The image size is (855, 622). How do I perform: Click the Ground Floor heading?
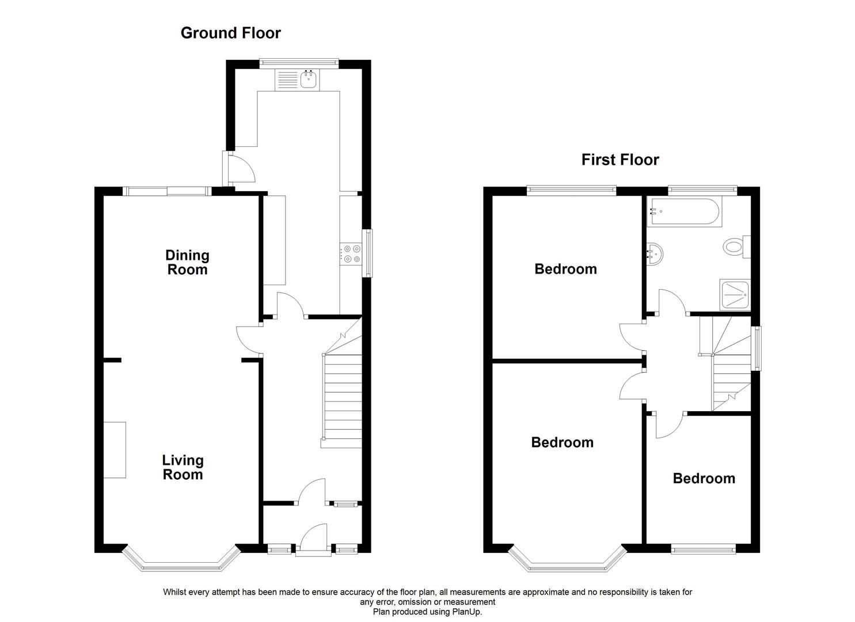[230, 33]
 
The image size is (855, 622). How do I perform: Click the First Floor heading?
[620, 160]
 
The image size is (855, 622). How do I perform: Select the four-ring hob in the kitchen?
[351, 254]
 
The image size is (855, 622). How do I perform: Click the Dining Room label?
[187, 262]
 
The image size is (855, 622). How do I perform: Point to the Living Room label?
[183, 467]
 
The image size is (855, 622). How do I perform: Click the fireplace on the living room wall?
[115, 449]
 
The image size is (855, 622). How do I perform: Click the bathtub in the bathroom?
[683, 211]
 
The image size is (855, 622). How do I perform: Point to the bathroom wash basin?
[655, 252]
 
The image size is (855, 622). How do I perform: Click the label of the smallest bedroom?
[704, 479]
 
